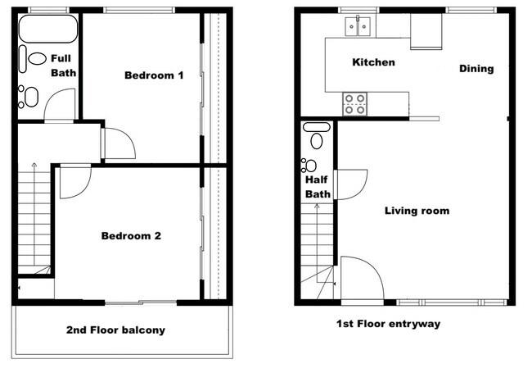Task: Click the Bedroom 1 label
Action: point(153,75)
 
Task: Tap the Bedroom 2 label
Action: point(131,236)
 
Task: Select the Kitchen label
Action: point(373,62)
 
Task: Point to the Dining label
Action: point(476,69)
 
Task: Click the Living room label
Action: point(417,211)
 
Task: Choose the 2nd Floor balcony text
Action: point(115,330)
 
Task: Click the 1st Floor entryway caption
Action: point(388,324)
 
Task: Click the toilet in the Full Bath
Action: point(36,59)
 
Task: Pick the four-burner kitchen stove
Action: point(354,104)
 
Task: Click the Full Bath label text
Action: point(63,66)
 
